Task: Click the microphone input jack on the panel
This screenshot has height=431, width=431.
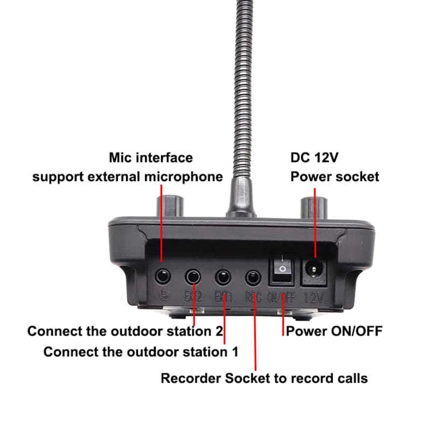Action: click(162, 277)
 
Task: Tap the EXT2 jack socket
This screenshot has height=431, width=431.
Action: click(192, 277)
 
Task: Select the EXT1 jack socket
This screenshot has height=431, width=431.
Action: click(223, 277)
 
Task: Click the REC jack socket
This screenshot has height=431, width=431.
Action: click(253, 277)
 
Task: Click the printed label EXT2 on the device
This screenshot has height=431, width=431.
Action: click(192, 296)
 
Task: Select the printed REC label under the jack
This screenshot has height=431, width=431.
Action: click(253, 296)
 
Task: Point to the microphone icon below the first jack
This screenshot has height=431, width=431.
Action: click(162, 295)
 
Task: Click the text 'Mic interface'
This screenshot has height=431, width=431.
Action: click(150, 158)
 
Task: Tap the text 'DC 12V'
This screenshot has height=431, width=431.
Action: click(315, 158)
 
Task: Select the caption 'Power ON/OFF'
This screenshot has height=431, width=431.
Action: click(334, 331)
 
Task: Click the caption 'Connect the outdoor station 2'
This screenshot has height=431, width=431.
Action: click(125, 331)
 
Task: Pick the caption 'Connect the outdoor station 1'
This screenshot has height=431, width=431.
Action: click(141, 352)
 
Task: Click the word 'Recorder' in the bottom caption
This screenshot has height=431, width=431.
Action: click(191, 378)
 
